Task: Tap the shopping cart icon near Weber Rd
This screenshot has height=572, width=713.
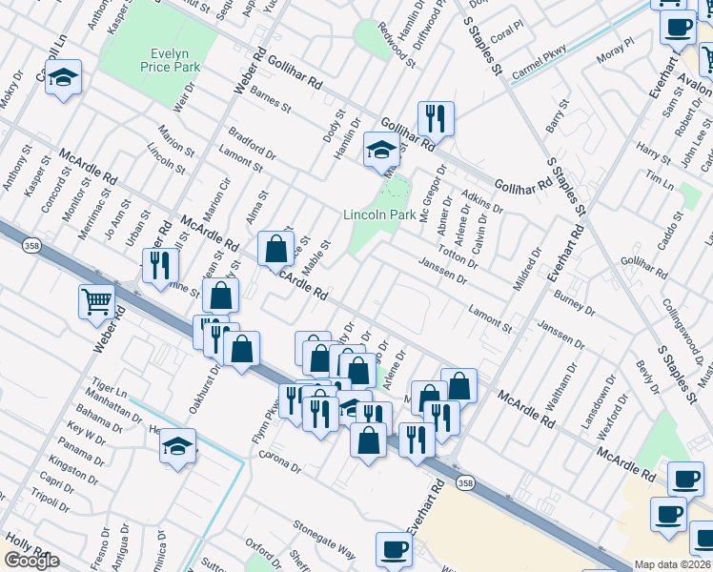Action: pos(97,301)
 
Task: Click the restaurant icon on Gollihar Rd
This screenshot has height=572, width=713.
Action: pos(436,118)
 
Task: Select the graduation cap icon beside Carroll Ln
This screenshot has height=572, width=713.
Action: pos(63,77)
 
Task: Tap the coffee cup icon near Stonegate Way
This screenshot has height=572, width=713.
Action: pos(395,549)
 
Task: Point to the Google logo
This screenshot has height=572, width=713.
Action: pos(31,561)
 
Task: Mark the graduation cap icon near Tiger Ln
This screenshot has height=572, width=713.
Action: pos(177,447)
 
